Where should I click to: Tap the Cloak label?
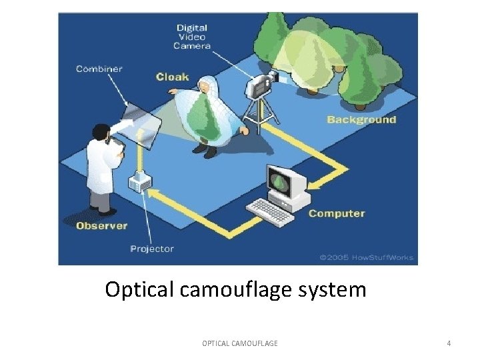point(172,77)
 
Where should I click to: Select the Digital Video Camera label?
point(192,37)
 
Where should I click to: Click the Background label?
point(361,120)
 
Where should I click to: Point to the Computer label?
point(337,213)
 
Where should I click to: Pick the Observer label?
point(101,225)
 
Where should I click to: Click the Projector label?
point(151,249)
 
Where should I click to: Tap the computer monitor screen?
point(281,181)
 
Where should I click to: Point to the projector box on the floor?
point(139,181)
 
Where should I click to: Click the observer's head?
point(102,132)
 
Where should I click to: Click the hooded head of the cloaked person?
point(207,86)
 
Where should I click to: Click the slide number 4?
point(449,343)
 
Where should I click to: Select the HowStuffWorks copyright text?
point(366,257)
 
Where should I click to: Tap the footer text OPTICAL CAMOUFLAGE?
point(240,343)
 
